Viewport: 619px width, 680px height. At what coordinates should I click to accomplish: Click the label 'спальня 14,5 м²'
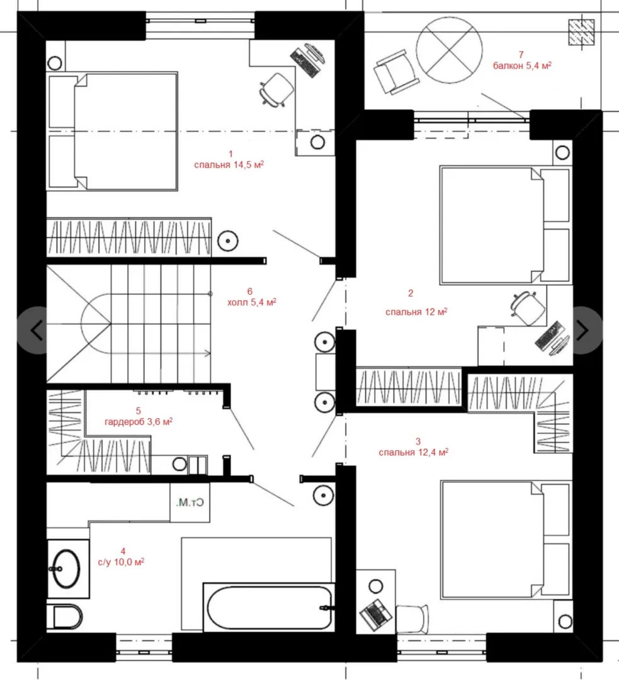pos(229,164)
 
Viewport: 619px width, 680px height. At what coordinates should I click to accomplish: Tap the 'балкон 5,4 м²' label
pos(522,65)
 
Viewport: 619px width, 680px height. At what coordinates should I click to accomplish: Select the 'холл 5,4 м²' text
pos(252,302)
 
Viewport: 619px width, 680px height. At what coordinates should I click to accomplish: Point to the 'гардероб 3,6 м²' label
pos(139,421)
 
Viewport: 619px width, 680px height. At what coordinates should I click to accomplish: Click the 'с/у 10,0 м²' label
pos(121,562)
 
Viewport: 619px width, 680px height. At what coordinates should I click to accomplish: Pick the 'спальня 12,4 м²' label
pos(413,452)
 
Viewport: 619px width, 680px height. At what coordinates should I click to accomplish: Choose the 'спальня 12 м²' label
pos(416,312)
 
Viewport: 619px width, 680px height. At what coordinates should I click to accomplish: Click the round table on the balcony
pos(449,50)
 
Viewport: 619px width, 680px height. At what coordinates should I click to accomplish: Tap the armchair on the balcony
pos(395,72)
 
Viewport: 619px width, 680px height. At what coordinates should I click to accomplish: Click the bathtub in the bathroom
pos(269,607)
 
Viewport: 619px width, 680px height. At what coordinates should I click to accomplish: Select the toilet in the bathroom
pos(67,616)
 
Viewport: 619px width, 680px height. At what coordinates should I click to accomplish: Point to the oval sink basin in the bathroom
pos(66,569)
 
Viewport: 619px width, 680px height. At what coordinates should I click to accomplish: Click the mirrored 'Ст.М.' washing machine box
pos(190,502)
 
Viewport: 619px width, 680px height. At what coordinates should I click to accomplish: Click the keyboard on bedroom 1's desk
pos(305,62)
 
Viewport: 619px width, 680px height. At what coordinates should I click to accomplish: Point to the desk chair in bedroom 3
pos(412,619)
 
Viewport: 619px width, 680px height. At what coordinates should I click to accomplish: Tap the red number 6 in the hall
pos(249,292)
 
